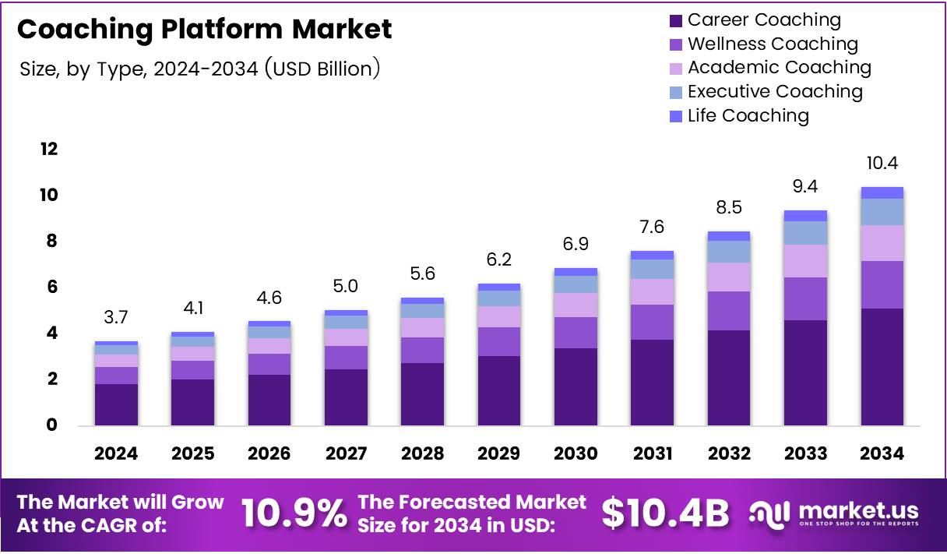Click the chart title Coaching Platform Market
(x=204, y=30)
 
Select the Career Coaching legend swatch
(x=675, y=20)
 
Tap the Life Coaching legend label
(x=748, y=116)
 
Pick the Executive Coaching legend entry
(x=775, y=92)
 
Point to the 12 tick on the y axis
(x=48, y=149)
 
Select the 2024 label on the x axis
(x=116, y=453)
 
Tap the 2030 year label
(x=576, y=453)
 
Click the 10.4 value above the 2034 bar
(x=882, y=164)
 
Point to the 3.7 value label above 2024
(x=116, y=317)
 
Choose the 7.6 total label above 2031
(x=652, y=227)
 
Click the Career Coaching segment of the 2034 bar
(x=882, y=366)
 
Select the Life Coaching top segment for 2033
(x=805, y=216)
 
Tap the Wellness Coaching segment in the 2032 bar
(x=728, y=311)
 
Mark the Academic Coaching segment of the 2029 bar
(x=499, y=316)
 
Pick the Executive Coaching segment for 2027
(x=346, y=322)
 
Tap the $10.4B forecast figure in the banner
(x=665, y=513)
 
